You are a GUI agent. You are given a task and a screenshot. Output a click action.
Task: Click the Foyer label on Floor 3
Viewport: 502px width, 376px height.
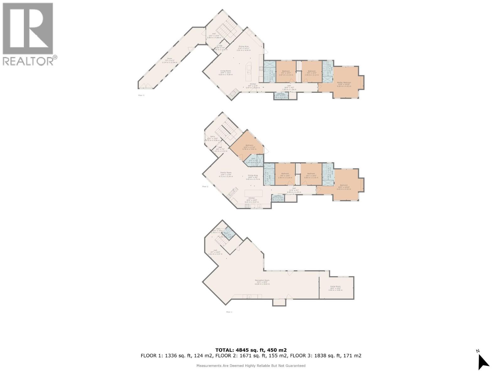pyautogui.click(x=169, y=59)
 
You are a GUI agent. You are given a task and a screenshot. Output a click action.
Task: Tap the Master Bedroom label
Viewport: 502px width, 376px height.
pyautogui.click(x=344, y=83)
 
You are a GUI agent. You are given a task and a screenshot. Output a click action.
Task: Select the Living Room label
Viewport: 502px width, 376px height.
pyautogui.click(x=226, y=71)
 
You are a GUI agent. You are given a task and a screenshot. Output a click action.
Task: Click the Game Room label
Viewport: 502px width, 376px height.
pyautogui.click(x=335, y=286)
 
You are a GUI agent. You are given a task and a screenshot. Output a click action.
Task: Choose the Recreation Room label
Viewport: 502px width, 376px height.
pyautogui.click(x=262, y=280)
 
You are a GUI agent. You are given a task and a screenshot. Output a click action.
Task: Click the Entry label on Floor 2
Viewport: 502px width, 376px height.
pyautogui.click(x=213, y=137)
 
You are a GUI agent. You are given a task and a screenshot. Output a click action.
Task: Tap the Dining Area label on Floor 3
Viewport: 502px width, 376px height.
pyautogui.click(x=243, y=47)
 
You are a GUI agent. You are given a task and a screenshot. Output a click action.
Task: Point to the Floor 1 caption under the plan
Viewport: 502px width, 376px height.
pyautogui.click(x=229, y=312)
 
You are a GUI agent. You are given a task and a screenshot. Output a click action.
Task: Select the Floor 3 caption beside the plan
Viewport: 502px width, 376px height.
pyautogui.click(x=141, y=95)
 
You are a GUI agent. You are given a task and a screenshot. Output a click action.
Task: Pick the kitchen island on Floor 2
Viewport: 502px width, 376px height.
pyautogui.click(x=254, y=193)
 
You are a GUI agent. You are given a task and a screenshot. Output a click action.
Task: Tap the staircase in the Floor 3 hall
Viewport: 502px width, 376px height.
pyautogui.click(x=227, y=30)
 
